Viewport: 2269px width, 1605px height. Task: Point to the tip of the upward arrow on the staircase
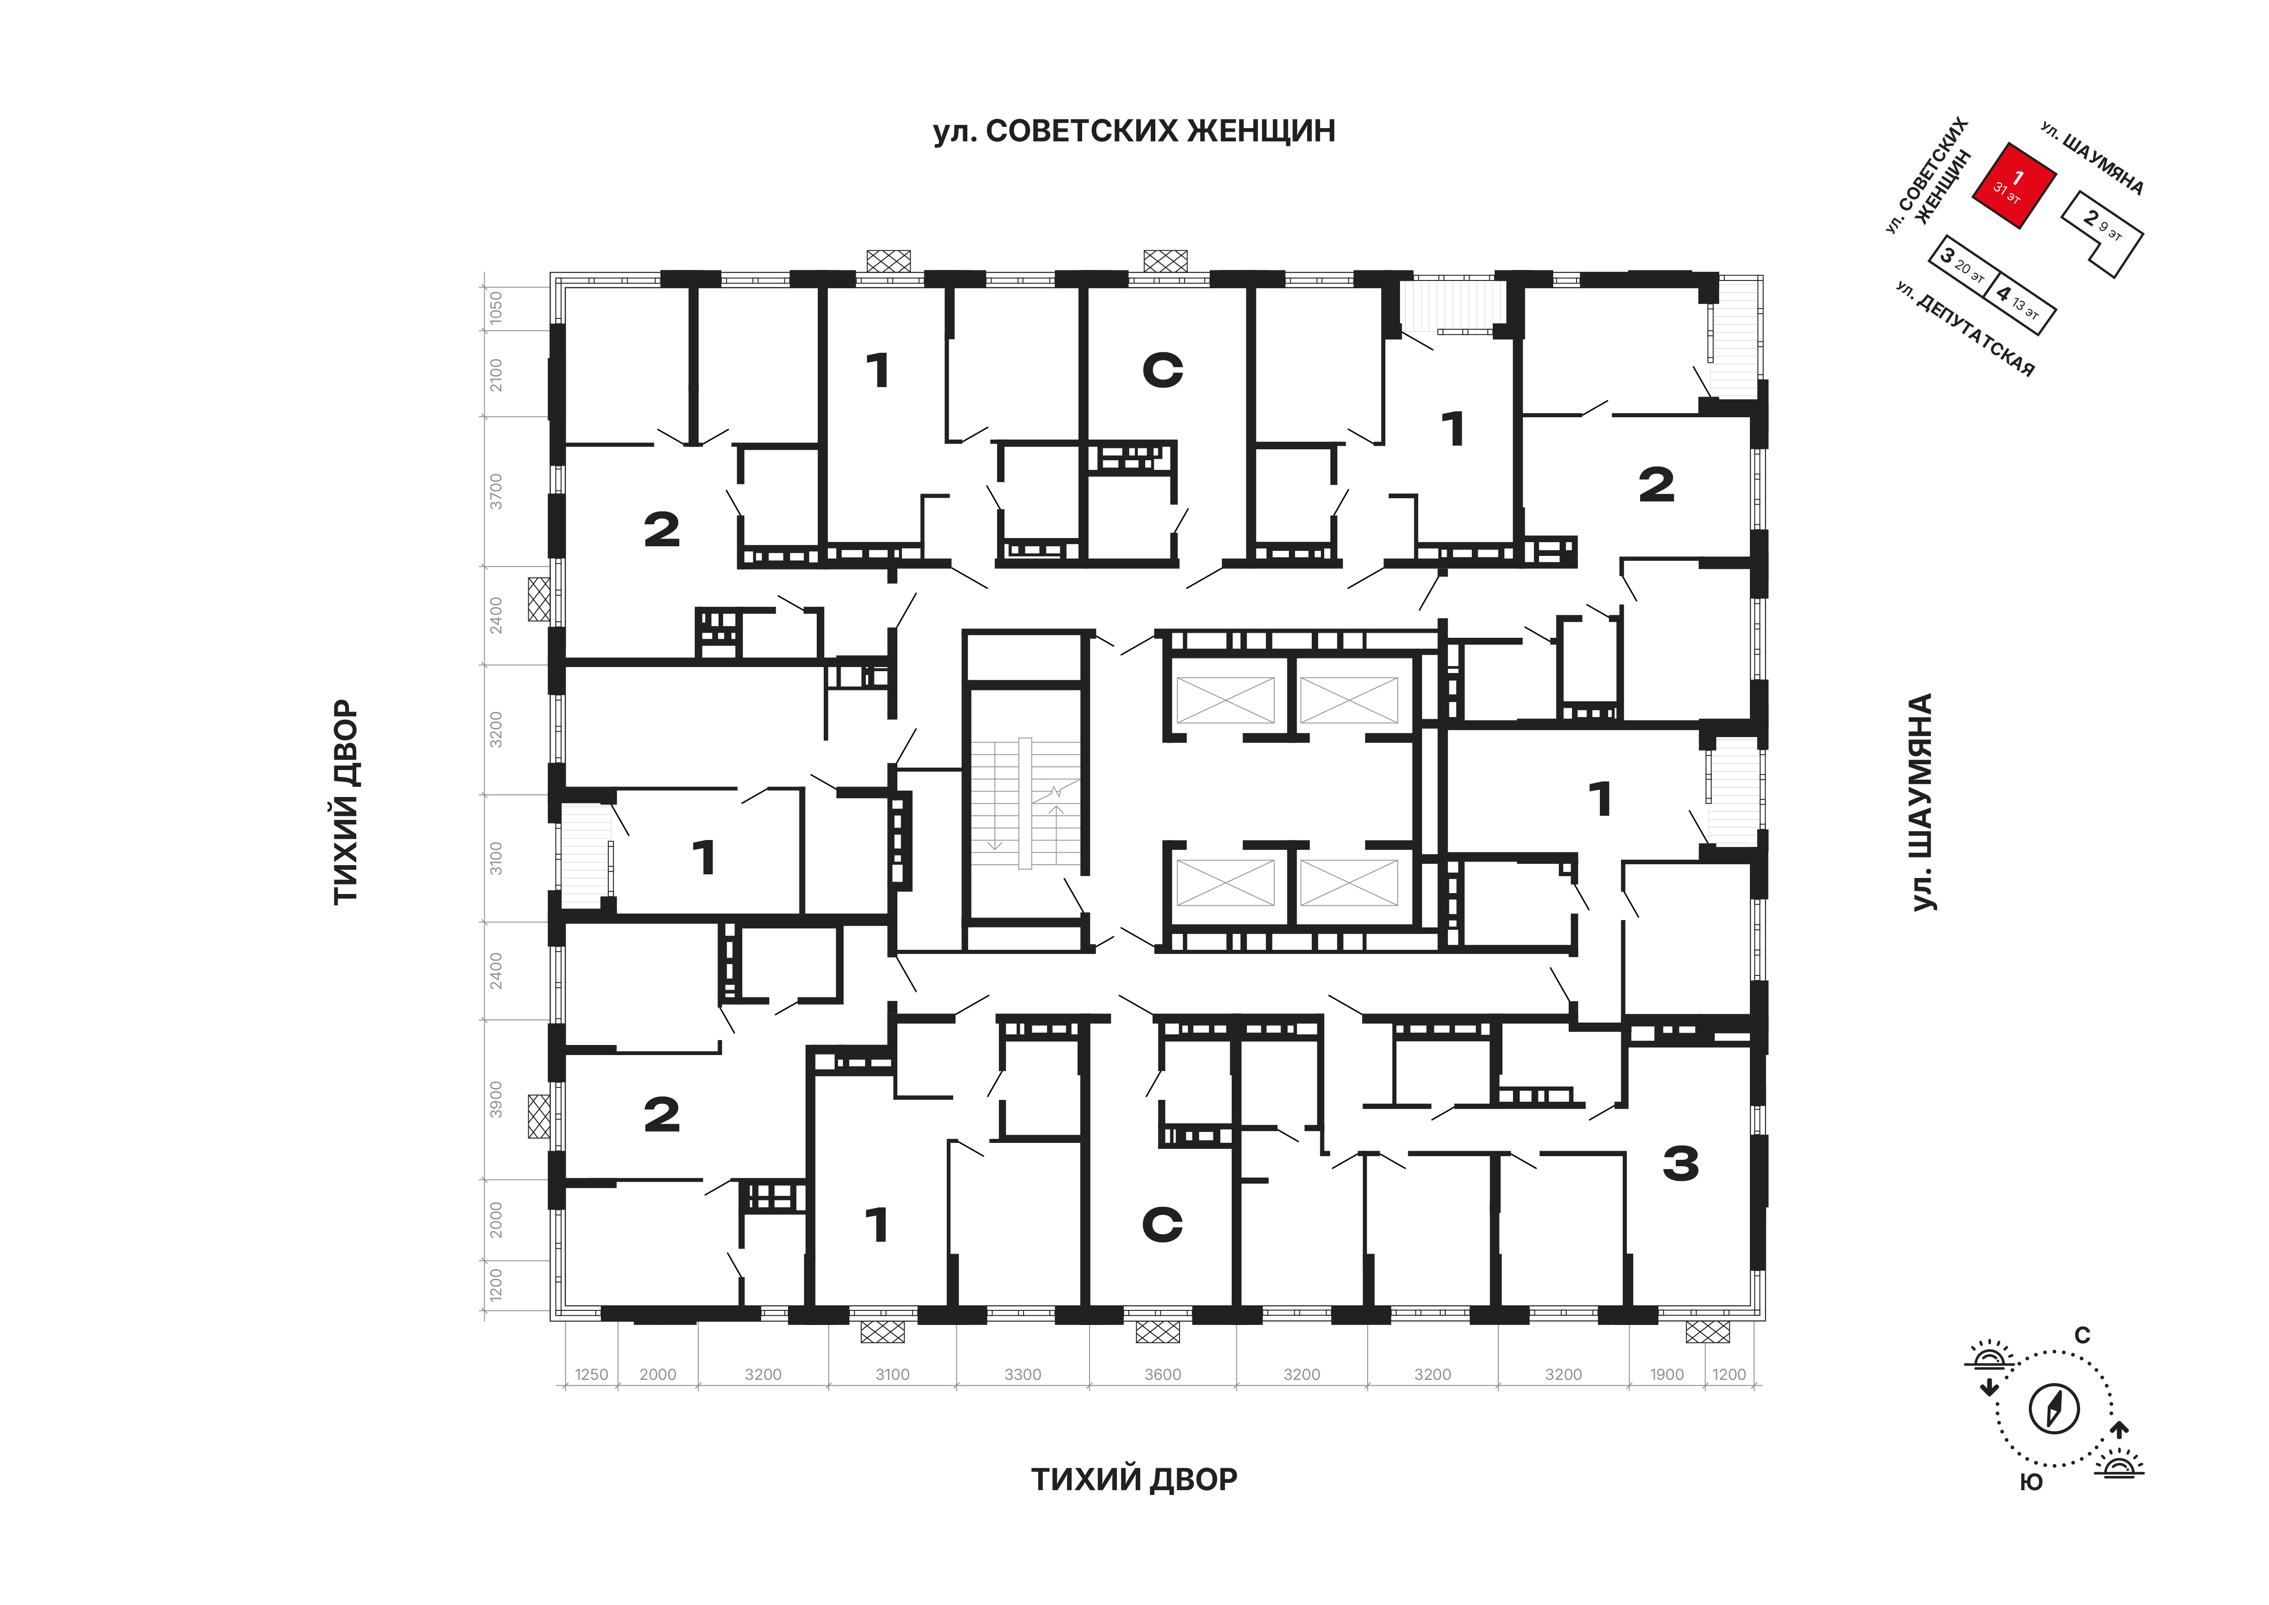1057,807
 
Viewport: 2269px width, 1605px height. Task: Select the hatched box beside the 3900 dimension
539,1116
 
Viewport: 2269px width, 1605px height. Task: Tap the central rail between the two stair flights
1025,803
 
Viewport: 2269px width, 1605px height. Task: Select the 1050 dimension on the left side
496,307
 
